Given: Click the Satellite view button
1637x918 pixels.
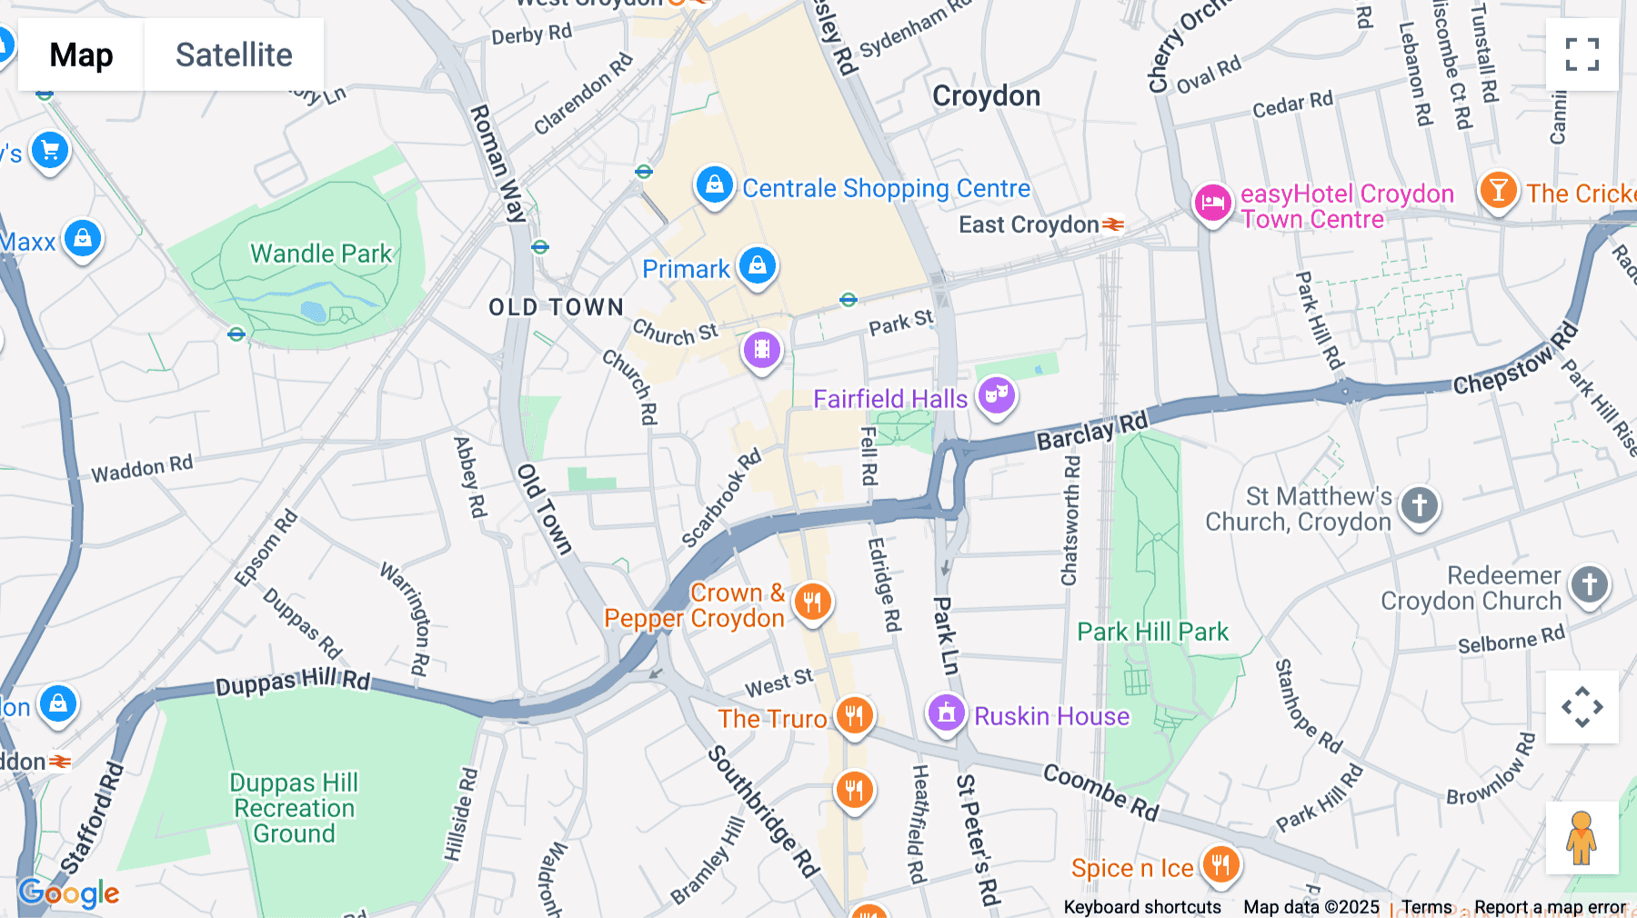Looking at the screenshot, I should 234,55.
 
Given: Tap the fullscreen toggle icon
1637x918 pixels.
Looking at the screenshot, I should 1582,55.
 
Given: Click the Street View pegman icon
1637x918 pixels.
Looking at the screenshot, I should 1582,837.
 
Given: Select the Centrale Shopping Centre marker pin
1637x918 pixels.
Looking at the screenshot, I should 715,185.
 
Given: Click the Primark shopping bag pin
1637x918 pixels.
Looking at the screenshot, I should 757,266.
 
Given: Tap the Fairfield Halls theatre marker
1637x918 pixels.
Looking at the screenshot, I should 997,396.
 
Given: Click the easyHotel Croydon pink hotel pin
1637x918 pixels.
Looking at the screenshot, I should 1212,204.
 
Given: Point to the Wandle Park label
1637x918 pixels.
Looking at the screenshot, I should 321,254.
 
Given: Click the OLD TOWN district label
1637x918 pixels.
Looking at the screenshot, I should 556,307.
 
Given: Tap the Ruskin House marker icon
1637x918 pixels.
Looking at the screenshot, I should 946,713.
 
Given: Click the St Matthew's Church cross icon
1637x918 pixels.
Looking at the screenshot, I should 1419,505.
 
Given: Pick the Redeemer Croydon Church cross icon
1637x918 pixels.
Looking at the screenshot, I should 1589,585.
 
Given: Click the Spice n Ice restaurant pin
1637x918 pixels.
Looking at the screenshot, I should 1220,865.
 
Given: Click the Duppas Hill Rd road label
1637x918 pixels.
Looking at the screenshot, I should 293,682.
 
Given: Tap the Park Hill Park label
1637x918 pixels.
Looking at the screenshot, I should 1152,632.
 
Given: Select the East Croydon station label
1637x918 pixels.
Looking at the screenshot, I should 1029,225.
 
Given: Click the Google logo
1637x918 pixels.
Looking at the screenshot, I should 69,893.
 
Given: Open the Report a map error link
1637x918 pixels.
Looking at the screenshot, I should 1550,907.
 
